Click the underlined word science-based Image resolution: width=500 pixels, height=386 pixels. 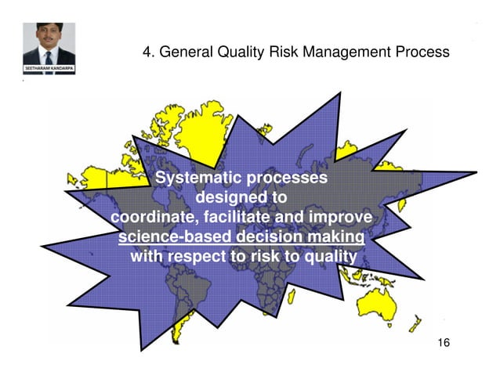tap(167, 236)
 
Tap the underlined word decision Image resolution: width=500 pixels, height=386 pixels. tap(261, 236)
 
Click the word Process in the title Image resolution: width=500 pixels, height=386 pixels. tap(423, 52)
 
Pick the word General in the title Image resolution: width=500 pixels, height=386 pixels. tap(184, 52)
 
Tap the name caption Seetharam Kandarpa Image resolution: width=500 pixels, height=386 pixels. tap(49, 69)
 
